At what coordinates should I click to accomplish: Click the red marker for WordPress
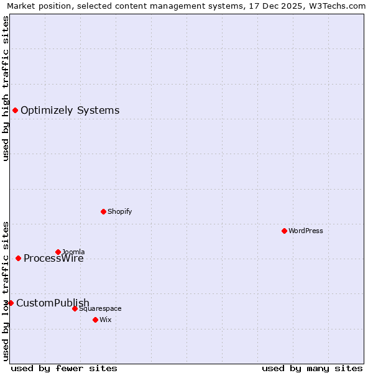tap(284, 231)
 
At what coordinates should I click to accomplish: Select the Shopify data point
tap(103, 211)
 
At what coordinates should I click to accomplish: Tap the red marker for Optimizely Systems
tap(15, 110)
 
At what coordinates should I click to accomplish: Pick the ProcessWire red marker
tap(18, 258)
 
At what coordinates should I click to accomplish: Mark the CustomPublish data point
tap(11, 303)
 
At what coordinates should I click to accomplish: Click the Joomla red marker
tap(58, 252)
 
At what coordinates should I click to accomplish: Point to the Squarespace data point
tap(75, 308)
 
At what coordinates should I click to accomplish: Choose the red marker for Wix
tap(95, 320)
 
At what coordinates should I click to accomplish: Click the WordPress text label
tap(306, 231)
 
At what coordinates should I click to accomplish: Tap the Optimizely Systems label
tap(70, 111)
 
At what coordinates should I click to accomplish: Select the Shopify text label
tap(119, 211)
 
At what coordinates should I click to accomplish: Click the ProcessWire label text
tap(53, 259)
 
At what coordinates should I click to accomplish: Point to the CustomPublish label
tap(53, 303)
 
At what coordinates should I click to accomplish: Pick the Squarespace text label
tap(100, 308)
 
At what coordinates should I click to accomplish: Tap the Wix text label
tap(105, 320)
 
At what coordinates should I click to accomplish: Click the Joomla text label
tap(73, 252)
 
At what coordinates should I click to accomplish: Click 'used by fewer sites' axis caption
tap(64, 368)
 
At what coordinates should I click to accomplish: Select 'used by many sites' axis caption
tap(312, 368)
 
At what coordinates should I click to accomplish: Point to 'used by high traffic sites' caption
tap(6, 88)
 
